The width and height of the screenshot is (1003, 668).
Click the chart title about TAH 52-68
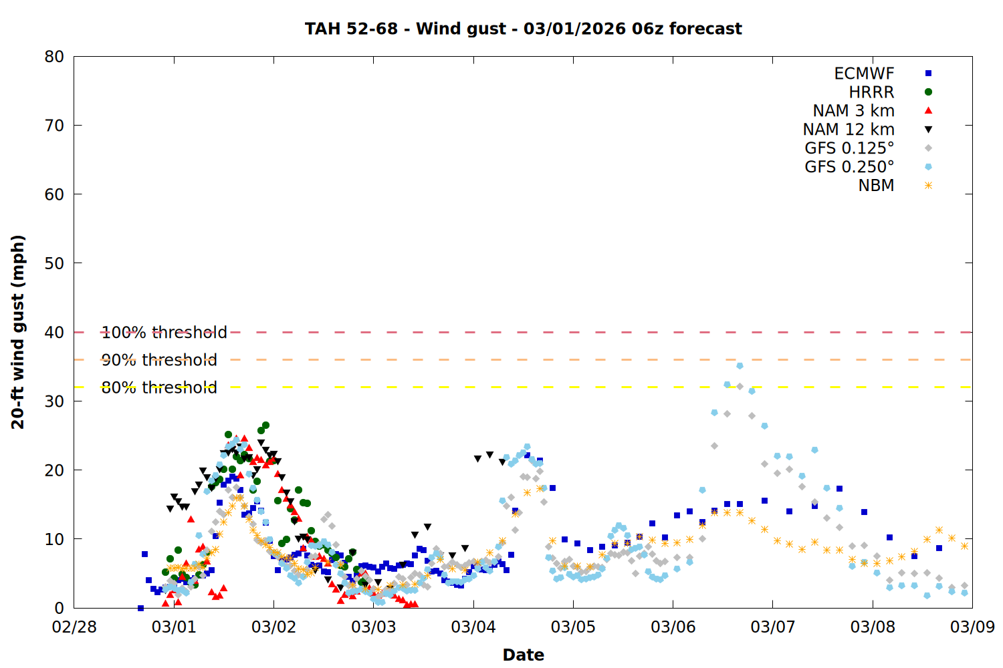tap(523, 29)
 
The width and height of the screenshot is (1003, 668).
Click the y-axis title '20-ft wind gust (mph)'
tap(18, 332)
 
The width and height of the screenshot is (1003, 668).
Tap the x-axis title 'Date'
tap(523, 655)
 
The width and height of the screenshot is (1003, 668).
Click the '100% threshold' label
tap(164, 332)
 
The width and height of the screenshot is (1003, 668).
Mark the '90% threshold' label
tap(159, 360)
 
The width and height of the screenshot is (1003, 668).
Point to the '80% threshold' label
tap(159, 387)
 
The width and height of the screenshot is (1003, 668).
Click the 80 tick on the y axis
tap(54, 57)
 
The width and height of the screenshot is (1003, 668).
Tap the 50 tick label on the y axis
tap(54, 263)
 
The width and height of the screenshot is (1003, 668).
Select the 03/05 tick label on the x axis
tap(573, 627)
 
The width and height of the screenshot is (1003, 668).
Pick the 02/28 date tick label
tap(74, 627)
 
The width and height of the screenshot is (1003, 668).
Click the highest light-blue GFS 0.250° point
tap(740, 365)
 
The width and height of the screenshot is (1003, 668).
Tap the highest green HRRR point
tap(265, 425)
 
